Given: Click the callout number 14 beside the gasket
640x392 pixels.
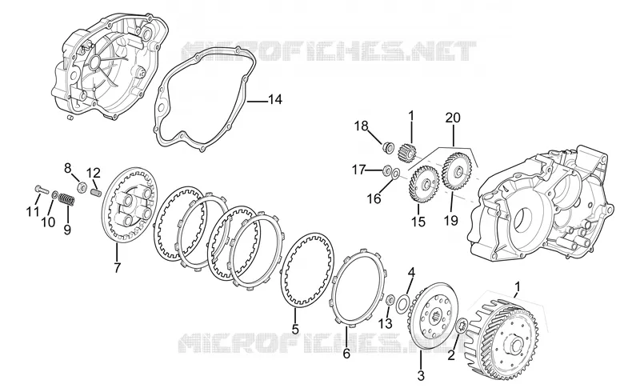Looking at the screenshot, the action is pyautogui.click(x=275, y=99).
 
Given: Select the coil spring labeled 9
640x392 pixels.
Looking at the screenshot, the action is pyautogui.click(x=67, y=200).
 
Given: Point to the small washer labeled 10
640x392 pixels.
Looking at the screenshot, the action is pyautogui.click(x=54, y=193).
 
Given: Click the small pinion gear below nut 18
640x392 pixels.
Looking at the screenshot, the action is pyautogui.click(x=406, y=150).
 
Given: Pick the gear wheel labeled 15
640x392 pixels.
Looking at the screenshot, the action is pyautogui.click(x=424, y=184).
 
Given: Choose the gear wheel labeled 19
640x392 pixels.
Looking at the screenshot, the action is pyautogui.click(x=458, y=170).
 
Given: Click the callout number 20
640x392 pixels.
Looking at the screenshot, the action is pyautogui.click(x=453, y=118).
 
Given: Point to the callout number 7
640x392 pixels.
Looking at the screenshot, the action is pyautogui.click(x=118, y=268).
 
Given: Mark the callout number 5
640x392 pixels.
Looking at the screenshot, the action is pyautogui.click(x=295, y=328).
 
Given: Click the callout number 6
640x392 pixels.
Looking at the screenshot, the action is pyautogui.click(x=346, y=354).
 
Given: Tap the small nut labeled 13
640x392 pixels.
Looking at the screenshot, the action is pyautogui.click(x=390, y=301).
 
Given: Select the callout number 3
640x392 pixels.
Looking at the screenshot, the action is pyautogui.click(x=421, y=375).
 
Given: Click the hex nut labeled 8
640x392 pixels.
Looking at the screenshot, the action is pyautogui.click(x=82, y=188).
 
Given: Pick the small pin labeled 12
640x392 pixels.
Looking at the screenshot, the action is pyautogui.click(x=94, y=191).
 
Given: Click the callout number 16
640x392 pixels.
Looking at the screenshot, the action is pyautogui.click(x=374, y=198).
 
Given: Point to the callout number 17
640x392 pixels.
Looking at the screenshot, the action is pyautogui.click(x=358, y=170).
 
